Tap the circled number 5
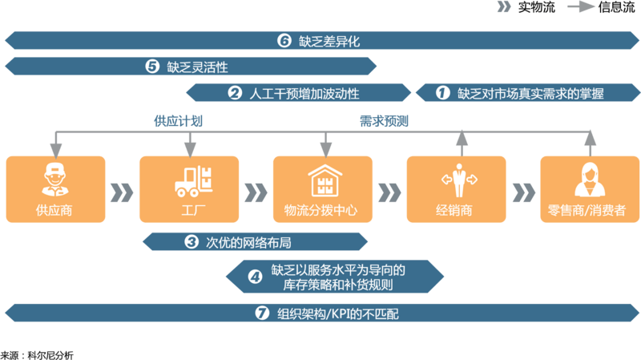(x=152, y=67)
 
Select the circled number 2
(x=235, y=93)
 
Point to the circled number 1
(x=443, y=93)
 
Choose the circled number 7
(x=260, y=313)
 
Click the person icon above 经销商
(x=458, y=180)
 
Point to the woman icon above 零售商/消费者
(x=590, y=180)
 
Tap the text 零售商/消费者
(x=590, y=211)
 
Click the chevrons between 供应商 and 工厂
(x=122, y=192)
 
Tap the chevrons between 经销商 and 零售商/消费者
(x=523, y=192)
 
